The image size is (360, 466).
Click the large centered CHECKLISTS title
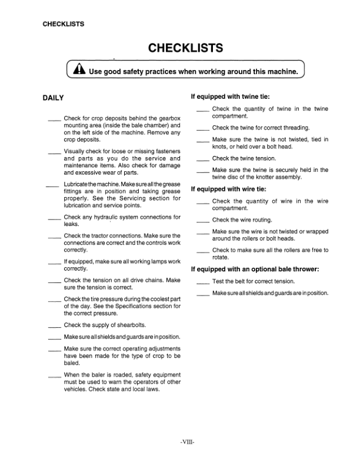point(185,47)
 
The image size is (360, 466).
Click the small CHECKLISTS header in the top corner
point(63,24)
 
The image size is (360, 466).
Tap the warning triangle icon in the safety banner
point(79,72)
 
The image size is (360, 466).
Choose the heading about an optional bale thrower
point(255,269)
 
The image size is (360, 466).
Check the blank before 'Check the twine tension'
point(202,159)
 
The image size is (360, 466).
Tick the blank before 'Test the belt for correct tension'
point(202,282)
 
